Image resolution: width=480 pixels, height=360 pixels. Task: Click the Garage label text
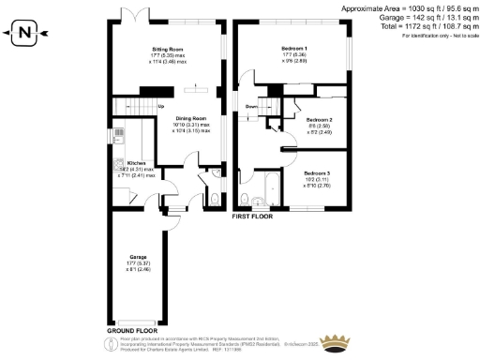139,259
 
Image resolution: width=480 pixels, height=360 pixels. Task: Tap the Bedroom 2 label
320,121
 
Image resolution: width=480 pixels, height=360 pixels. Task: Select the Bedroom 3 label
316,174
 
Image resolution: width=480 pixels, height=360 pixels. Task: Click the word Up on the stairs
160,106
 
